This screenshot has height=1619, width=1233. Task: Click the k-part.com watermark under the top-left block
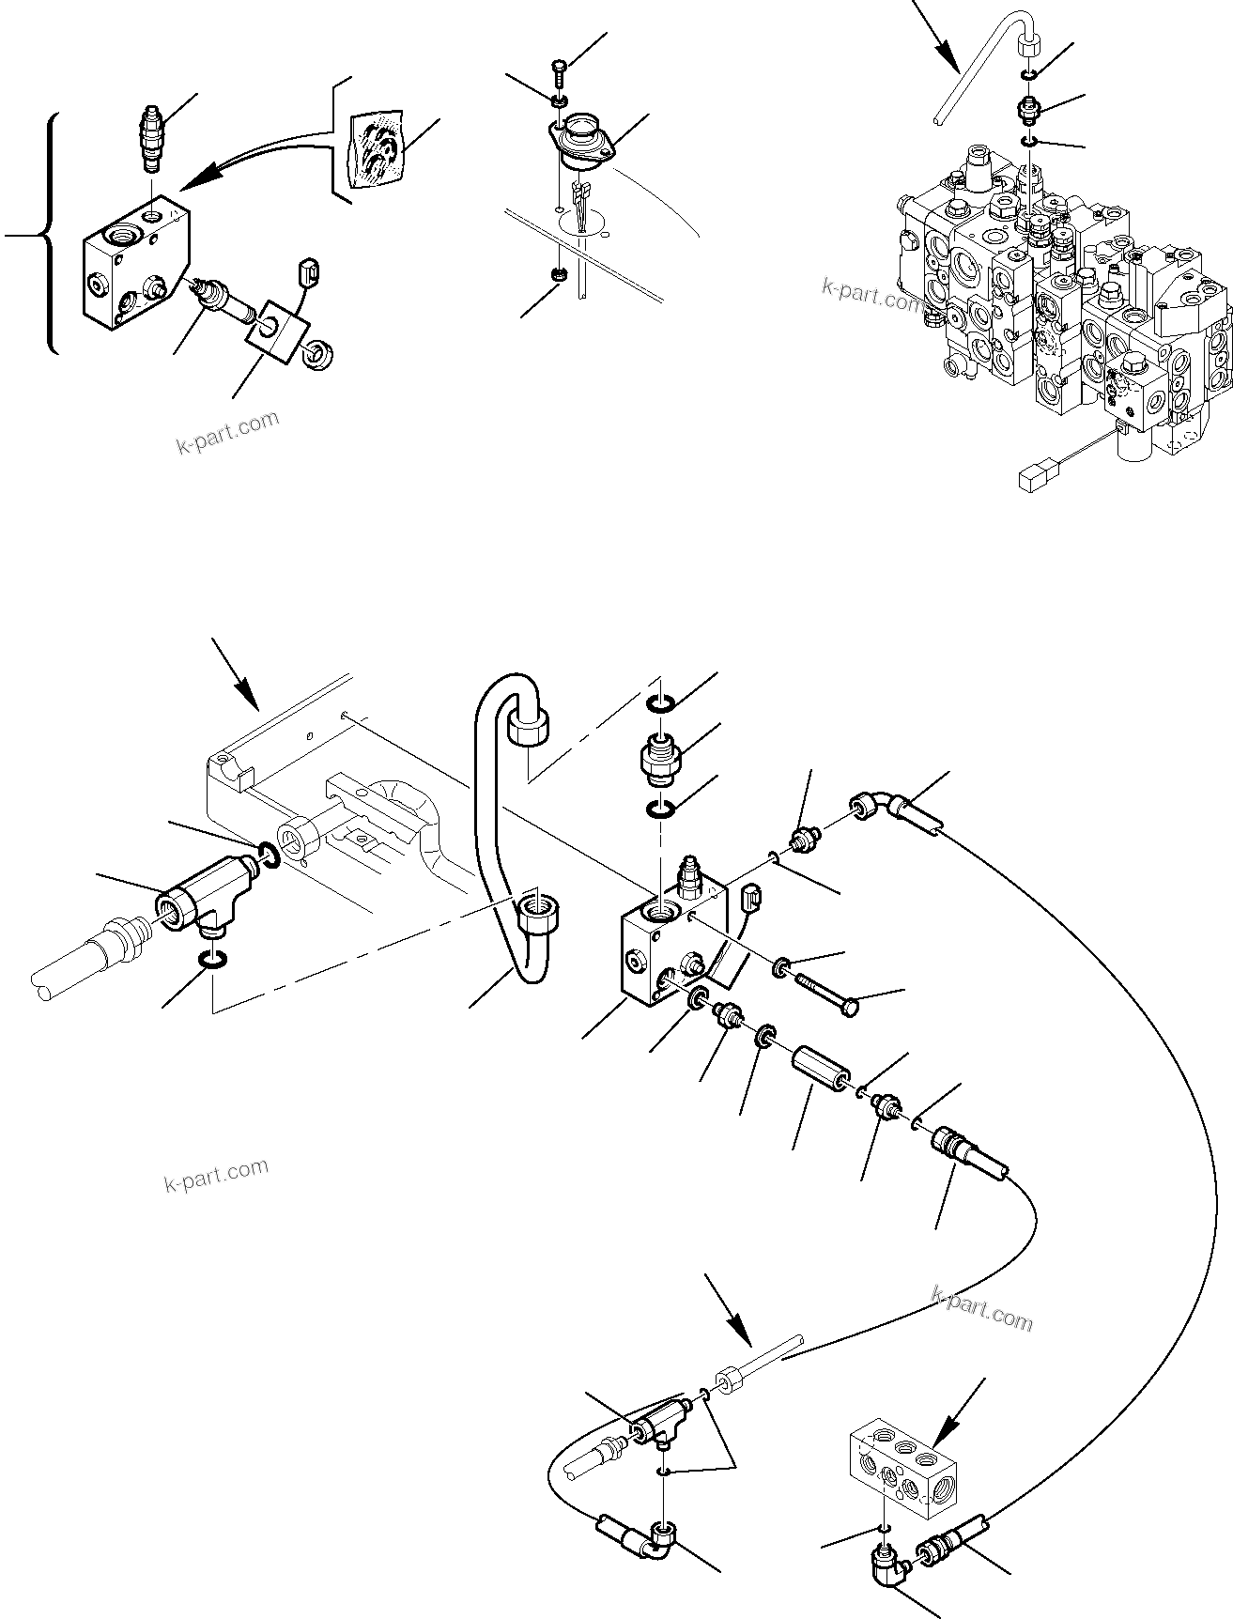point(228,430)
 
